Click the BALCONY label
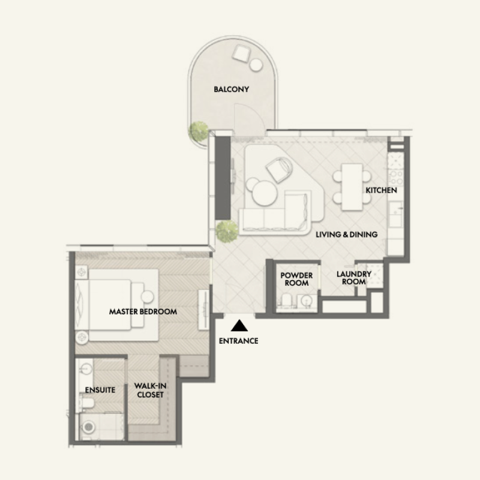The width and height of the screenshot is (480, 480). [x=231, y=90]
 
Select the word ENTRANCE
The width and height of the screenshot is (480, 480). [x=239, y=341]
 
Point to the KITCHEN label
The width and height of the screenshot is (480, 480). [x=382, y=190]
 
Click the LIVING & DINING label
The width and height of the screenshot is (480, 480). [x=347, y=235]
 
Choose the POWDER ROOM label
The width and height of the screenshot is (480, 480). [x=295, y=278]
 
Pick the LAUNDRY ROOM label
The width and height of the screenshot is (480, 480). [x=354, y=278]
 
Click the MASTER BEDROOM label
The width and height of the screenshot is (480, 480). [x=143, y=312]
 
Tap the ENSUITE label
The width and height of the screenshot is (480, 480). [x=100, y=390]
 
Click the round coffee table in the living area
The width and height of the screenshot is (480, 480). [x=264, y=194]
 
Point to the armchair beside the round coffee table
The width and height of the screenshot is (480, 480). [x=277, y=169]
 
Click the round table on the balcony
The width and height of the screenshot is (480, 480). [x=257, y=64]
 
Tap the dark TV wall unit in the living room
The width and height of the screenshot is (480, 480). [x=223, y=179]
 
